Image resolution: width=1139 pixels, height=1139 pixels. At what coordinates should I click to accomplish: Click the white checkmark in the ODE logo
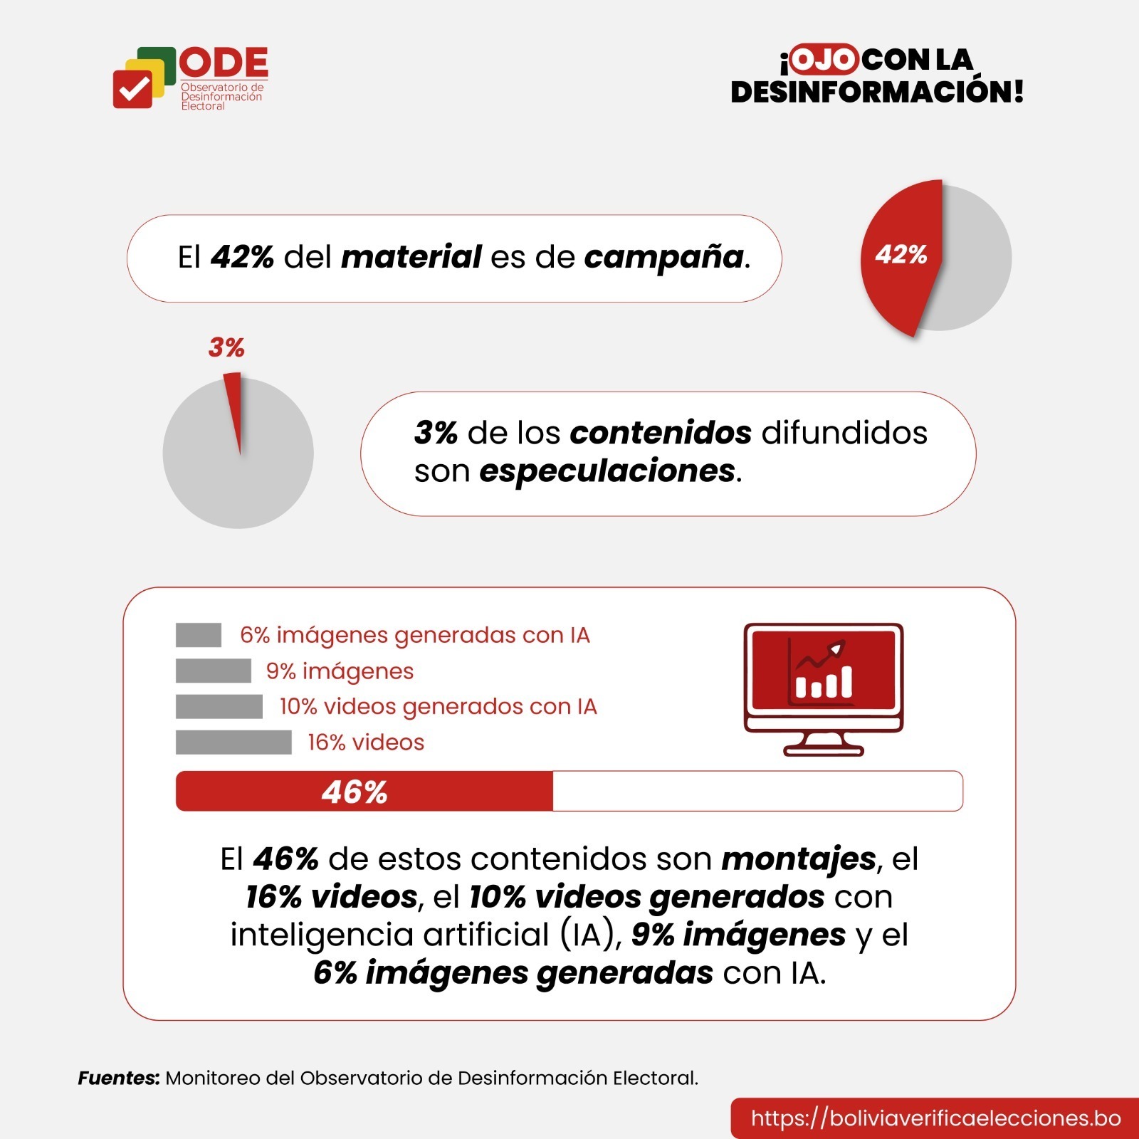coord(133,90)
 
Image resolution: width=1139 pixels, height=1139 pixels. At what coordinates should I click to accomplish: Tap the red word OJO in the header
coord(823,59)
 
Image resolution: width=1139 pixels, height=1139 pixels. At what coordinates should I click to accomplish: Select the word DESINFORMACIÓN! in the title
coord(877,93)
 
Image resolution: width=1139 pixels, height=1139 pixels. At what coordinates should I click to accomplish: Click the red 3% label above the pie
coord(226,347)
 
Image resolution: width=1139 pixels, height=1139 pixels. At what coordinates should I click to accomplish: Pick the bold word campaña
coord(663,257)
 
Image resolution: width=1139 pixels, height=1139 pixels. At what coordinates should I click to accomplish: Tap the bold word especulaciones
coord(607,471)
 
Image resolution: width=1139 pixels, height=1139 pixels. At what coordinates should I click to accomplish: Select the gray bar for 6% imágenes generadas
coord(199,635)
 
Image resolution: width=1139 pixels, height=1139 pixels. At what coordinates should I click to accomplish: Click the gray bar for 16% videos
coord(233,742)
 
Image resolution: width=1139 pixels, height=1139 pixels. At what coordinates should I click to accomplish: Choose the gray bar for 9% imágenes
coord(214,671)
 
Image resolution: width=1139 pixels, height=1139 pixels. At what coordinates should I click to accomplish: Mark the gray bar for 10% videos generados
coord(219,706)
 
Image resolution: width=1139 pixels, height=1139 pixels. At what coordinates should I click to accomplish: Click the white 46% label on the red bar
coord(354,792)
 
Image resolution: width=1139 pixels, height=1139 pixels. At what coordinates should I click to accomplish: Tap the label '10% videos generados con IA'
coord(438,706)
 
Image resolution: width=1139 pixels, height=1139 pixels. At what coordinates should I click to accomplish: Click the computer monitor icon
coord(823,687)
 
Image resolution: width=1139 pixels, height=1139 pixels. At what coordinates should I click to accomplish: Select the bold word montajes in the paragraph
coord(798,859)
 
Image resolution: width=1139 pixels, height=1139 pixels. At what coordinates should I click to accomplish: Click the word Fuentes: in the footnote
coord(118,1078)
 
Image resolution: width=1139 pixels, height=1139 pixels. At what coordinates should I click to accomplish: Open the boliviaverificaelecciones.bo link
coord(935,1118)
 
